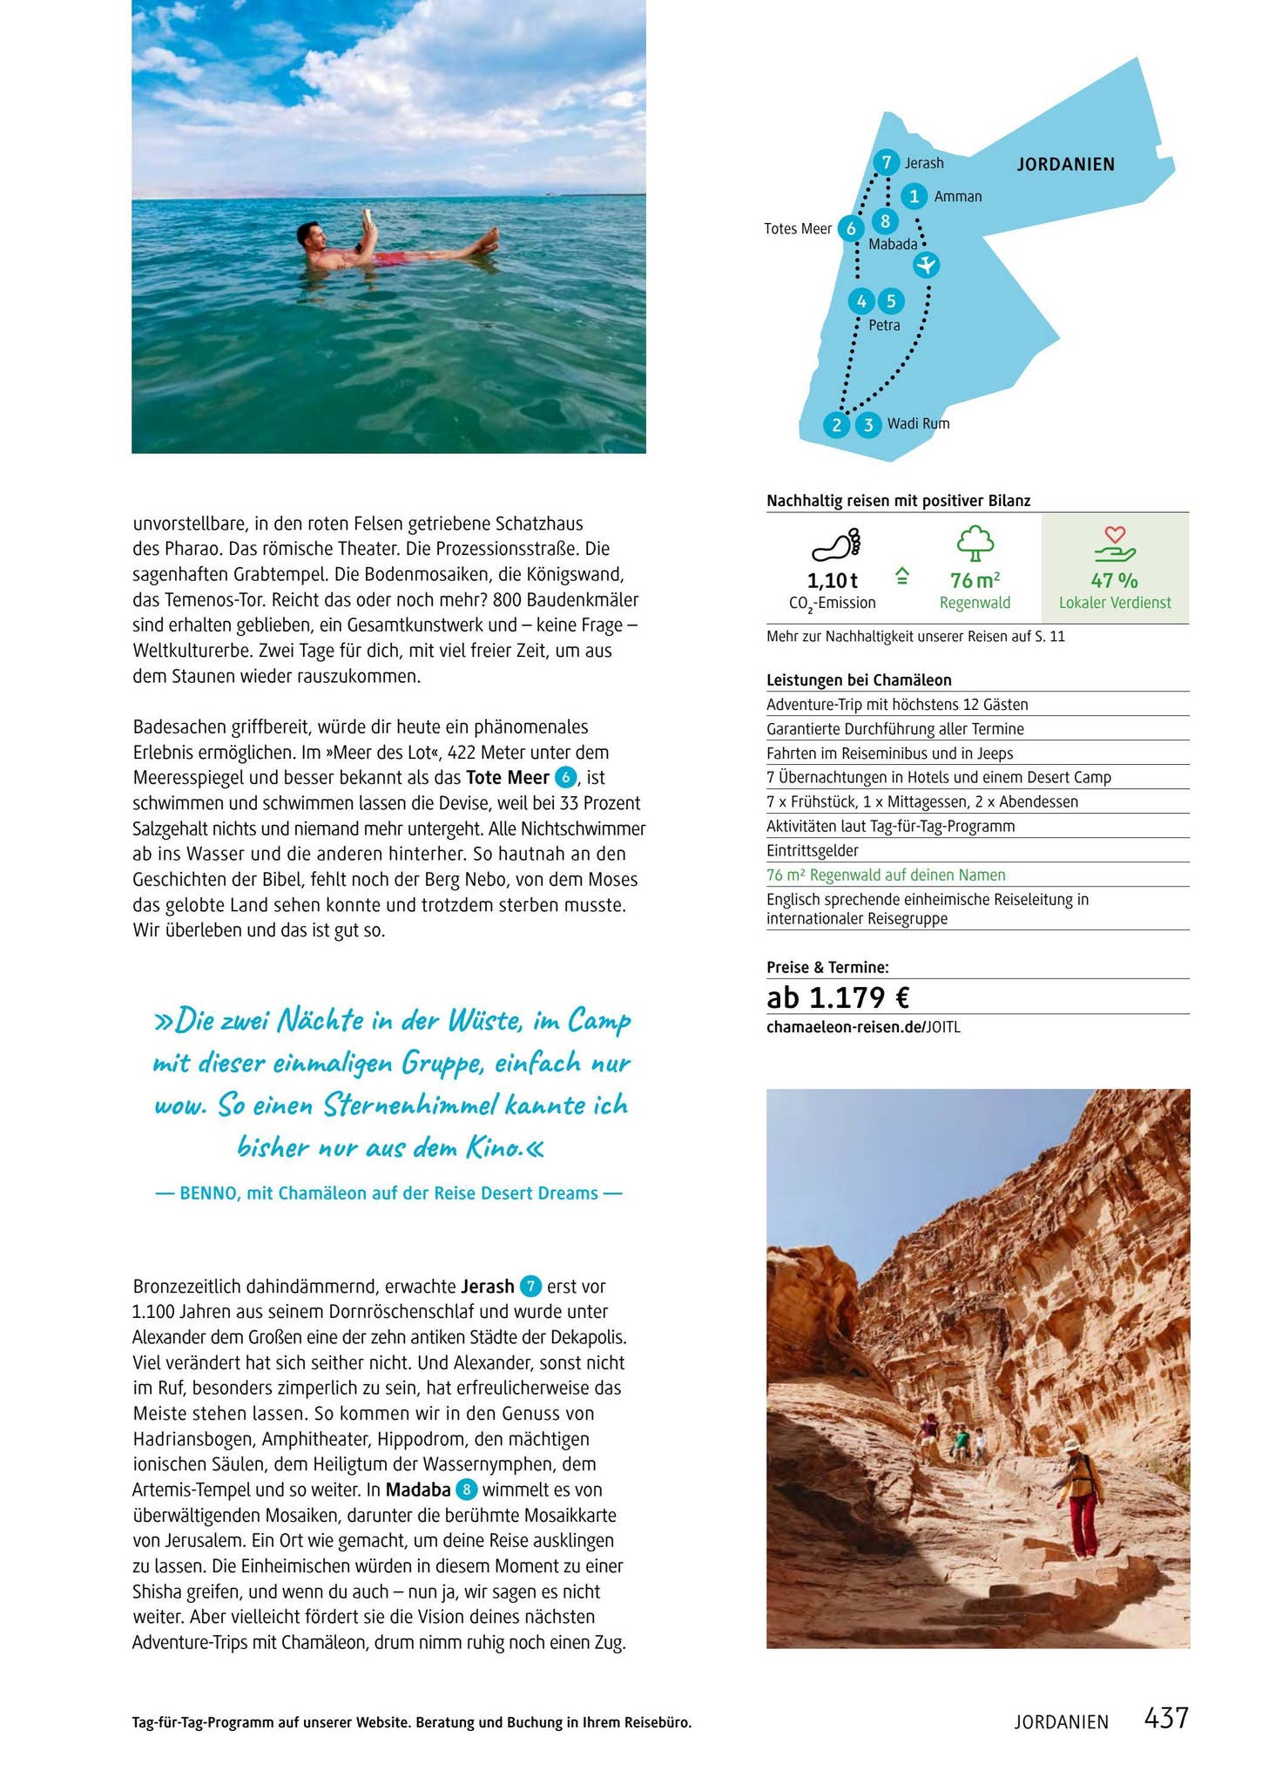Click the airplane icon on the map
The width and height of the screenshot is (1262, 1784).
tap(927, 264)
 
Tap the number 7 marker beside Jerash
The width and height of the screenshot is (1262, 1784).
tap(886, 163)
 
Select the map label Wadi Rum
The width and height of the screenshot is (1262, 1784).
tap(918, 424)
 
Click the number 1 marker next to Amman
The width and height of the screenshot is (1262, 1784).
tap(914, 196)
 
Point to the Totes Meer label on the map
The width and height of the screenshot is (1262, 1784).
tap(798, 229)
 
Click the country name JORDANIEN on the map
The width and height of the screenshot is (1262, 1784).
tap(1065, 165)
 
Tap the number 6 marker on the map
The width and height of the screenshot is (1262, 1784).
tap(851, 229)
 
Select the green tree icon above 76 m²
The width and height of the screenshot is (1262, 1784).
tap(975, 544)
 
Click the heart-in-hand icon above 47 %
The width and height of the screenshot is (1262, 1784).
tap(1115, 544)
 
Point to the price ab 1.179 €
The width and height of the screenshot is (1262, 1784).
tap(838, 997)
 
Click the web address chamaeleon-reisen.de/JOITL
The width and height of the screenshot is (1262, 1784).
tap(863, 1027)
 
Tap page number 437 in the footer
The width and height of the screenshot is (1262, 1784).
tap(1165, 1718)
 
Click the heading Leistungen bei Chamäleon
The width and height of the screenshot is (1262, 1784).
tap(859, 680)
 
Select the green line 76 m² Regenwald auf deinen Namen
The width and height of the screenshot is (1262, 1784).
tap(886, 875)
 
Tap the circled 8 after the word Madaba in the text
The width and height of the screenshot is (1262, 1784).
tap(467, 1490)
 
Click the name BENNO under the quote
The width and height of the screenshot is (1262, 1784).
tap(209, 1193)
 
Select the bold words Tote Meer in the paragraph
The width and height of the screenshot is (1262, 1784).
tap(508, 777)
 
